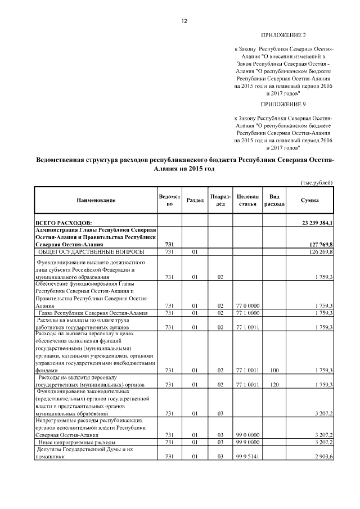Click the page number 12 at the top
coord(183,21)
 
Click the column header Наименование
coord(96,200)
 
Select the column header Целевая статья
coord(247,200)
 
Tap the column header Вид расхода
coord(275,200)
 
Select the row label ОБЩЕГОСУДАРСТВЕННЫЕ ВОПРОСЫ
coord(91,252)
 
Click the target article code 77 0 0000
coord(247,305)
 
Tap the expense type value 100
coord(274,371)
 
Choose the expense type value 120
coord(274,385)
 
